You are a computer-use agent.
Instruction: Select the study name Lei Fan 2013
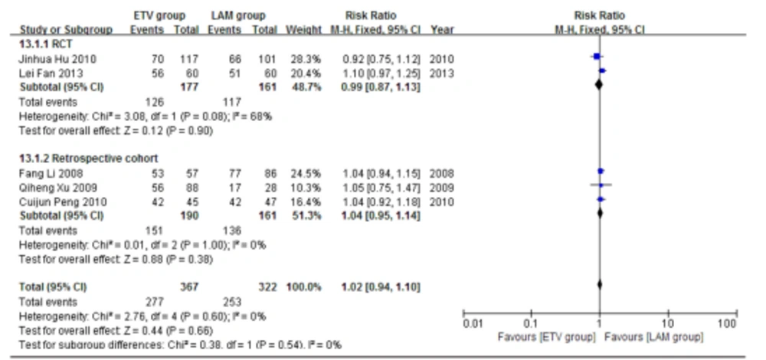pos(45,73)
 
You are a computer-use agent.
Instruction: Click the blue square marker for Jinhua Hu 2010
pos(595,57)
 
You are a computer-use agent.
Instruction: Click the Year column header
pos(442,30)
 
